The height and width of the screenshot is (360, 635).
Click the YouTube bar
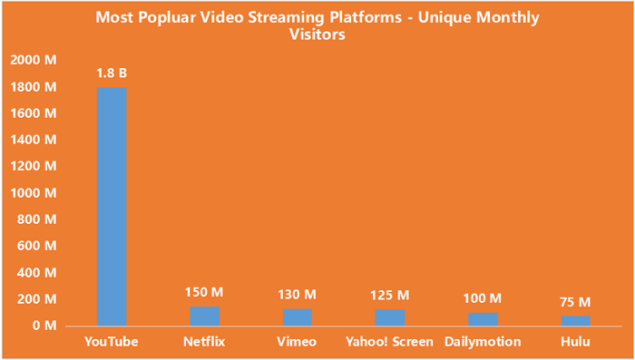(112, 206)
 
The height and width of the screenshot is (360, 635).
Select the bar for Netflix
(205, 315)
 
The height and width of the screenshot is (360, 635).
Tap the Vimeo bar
(298, 316)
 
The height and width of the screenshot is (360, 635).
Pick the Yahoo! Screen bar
(390, 316)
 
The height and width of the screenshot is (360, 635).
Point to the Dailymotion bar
(483, 318)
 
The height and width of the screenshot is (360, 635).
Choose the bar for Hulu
(575, 320)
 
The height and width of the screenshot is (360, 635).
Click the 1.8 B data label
(112, 73)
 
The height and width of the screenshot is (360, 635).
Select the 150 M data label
(205, 292)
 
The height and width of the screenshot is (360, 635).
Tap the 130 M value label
(298, 295)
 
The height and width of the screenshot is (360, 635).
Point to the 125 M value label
(390, 296)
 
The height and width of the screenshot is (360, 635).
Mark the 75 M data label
(575, 302)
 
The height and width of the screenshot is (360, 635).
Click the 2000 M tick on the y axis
(34, 61)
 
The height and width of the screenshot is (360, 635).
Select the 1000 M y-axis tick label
(34, 193)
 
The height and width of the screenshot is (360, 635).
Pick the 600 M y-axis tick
(37, 246)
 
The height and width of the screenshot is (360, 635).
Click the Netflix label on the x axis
(205, 342)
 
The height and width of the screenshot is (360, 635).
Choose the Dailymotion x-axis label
(483, 342)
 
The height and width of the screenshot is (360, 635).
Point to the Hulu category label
(575, 342)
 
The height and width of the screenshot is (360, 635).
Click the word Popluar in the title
(206, 17)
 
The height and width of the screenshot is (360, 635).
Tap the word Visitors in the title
(317, 35)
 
